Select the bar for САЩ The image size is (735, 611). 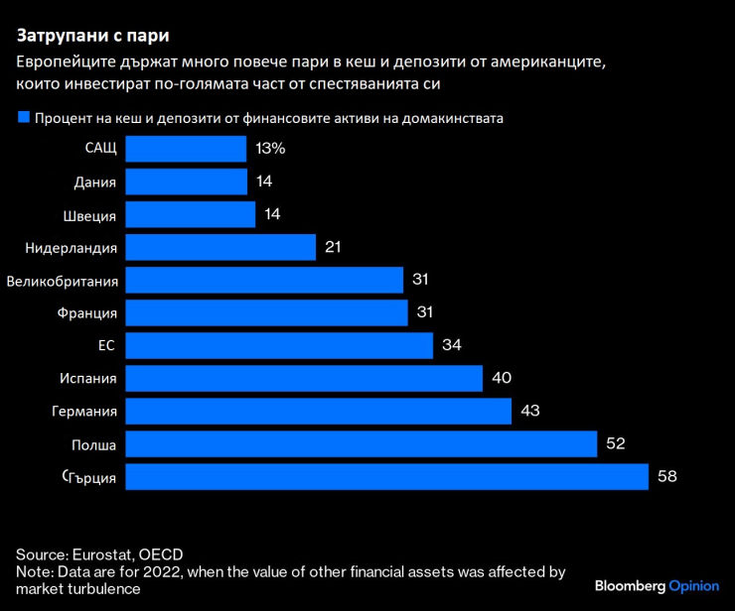tap(186, 149)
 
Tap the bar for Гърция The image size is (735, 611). tap(387, 477)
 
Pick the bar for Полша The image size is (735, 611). tap(362, 444)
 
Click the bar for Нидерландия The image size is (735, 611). tap(220, 247)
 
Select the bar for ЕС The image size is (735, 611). tap(279, 345)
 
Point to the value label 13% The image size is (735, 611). tap(270, 149)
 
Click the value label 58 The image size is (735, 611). tap(666, 477)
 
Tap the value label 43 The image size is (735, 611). tap(529, 411)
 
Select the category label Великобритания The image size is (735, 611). tap(63, 281)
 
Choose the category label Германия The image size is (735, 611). tap(84, 412)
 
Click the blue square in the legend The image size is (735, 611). tap(23, 117)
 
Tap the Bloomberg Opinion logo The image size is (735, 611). tap(656, 586)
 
